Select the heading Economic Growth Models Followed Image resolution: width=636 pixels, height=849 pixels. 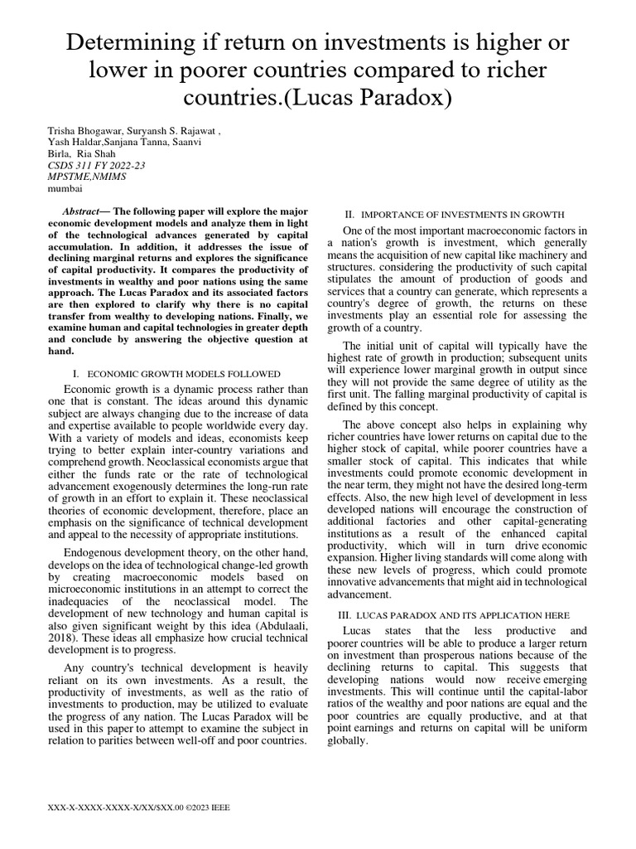click(x=184, y=374)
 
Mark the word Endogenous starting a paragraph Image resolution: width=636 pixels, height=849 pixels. click(x=94, y=552)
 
